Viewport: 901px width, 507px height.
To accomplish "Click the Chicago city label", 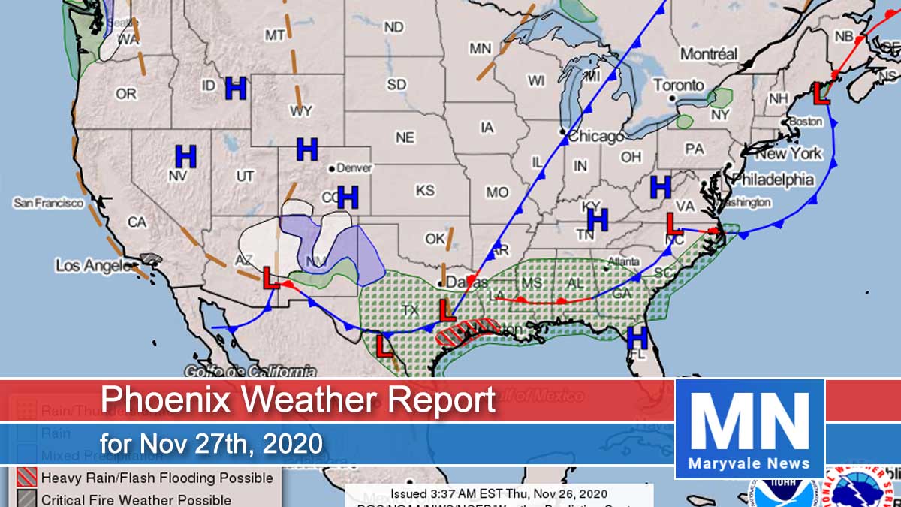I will (x=596, y=137).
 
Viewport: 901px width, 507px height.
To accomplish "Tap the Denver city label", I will (x=354, y=168).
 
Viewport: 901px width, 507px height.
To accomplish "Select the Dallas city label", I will (x=464, y=282).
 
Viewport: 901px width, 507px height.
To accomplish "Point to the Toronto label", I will (x=679, y=85).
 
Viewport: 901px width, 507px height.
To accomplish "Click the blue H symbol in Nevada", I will (x=185, y=157).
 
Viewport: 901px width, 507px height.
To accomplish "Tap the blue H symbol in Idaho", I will (x=236, y=89).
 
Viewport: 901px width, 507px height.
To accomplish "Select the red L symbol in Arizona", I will (x=270, y=277).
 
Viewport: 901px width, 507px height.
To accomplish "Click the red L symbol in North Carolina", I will (x=674, y=222).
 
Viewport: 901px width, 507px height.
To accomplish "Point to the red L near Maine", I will (x=822, y=92).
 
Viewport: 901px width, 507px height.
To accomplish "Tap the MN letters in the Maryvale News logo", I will (x=749, y=420).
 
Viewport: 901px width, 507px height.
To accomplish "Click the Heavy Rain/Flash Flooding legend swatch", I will (x=25, y=478).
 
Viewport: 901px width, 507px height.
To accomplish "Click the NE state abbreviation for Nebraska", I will (x=405, y=137).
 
